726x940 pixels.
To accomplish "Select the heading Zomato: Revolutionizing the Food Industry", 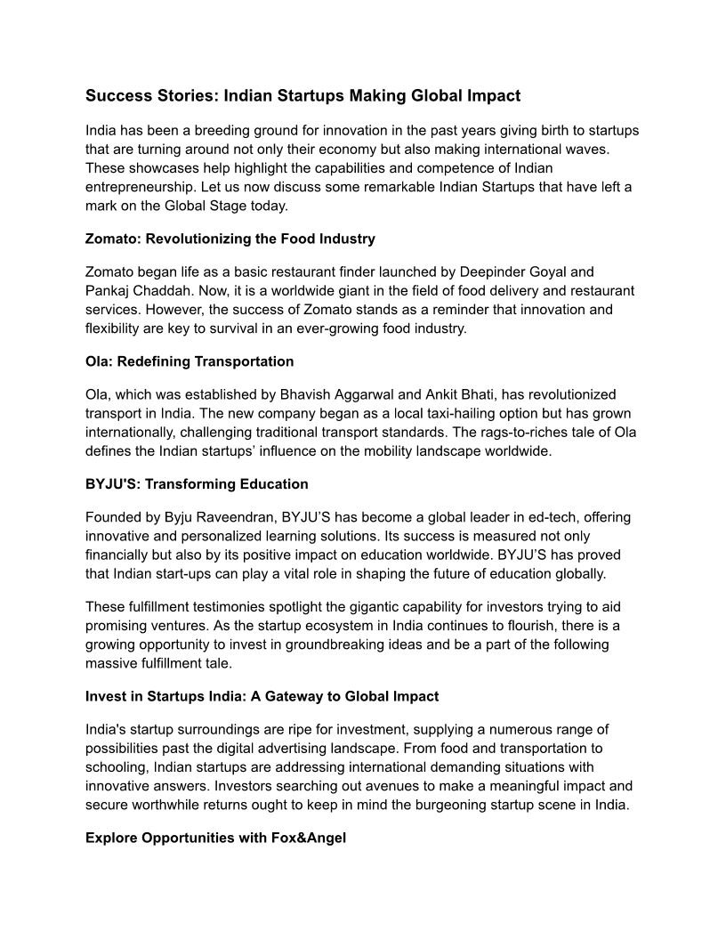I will [230, 239].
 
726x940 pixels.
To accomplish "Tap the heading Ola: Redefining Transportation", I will [190, 361].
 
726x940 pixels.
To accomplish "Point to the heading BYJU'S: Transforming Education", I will [197, 484].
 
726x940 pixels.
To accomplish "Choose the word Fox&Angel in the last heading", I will [311, 839].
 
